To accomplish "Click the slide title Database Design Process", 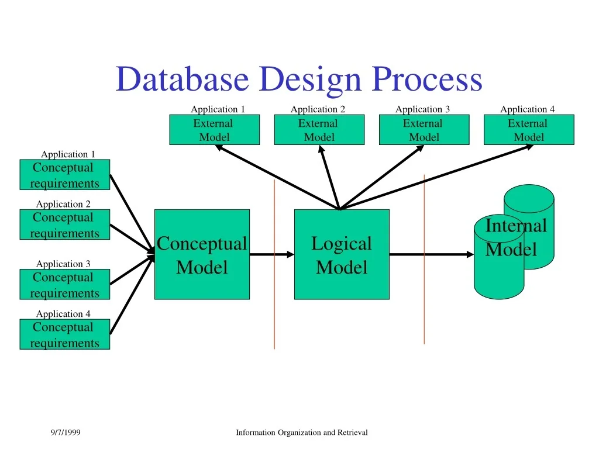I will (299, 80).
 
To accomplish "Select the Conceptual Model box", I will (202, 255).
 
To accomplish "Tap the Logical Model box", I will (342, 255).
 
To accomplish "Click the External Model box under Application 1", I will (214, 130).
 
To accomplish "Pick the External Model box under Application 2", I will (319, 130).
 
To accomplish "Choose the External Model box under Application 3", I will (424, 130).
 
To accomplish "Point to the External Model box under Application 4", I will (529, 130).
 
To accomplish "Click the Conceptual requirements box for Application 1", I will (64, 175).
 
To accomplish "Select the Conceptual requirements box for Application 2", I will (64, 225).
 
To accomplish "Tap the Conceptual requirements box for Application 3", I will (64, 285).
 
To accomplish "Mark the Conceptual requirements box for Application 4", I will (64, 335).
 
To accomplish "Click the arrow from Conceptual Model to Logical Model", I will (271, 254).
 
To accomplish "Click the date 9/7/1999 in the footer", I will (66, 433).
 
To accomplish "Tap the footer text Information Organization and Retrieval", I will (301, 433).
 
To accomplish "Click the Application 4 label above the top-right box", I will (527, 109).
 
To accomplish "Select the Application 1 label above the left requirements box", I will (68, 154).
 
